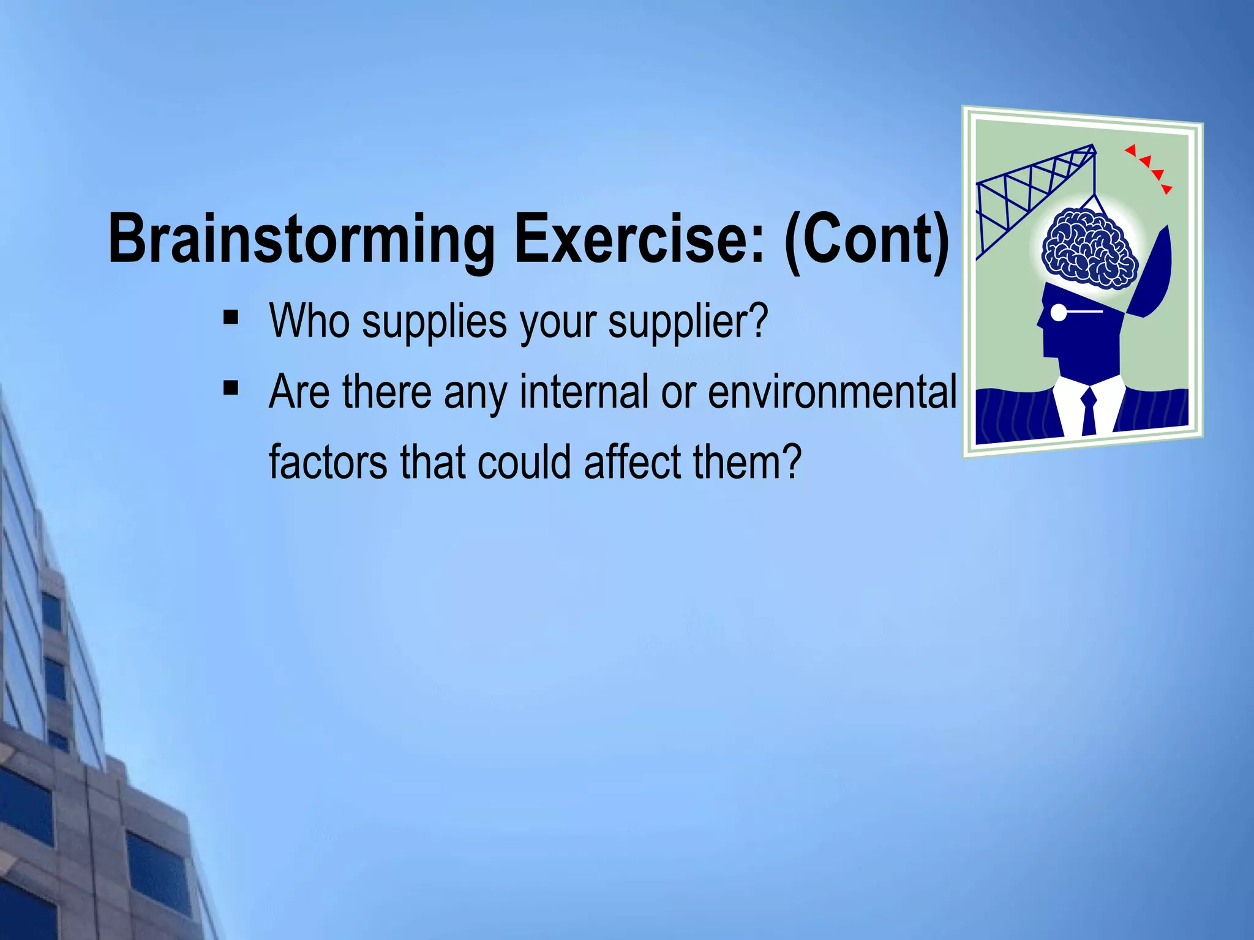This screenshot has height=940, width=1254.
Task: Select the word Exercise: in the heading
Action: tap(639, 240)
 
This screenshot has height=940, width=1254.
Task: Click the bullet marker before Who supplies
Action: tap(231, 318)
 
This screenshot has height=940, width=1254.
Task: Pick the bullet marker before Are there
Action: tap(231, 388)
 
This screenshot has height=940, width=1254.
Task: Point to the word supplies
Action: tap(434, 322)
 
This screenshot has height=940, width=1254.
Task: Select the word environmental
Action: tap(832, 392)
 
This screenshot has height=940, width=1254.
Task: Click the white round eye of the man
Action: tap(1059, 313)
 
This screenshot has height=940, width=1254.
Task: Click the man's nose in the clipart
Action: tap(1040, 321)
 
